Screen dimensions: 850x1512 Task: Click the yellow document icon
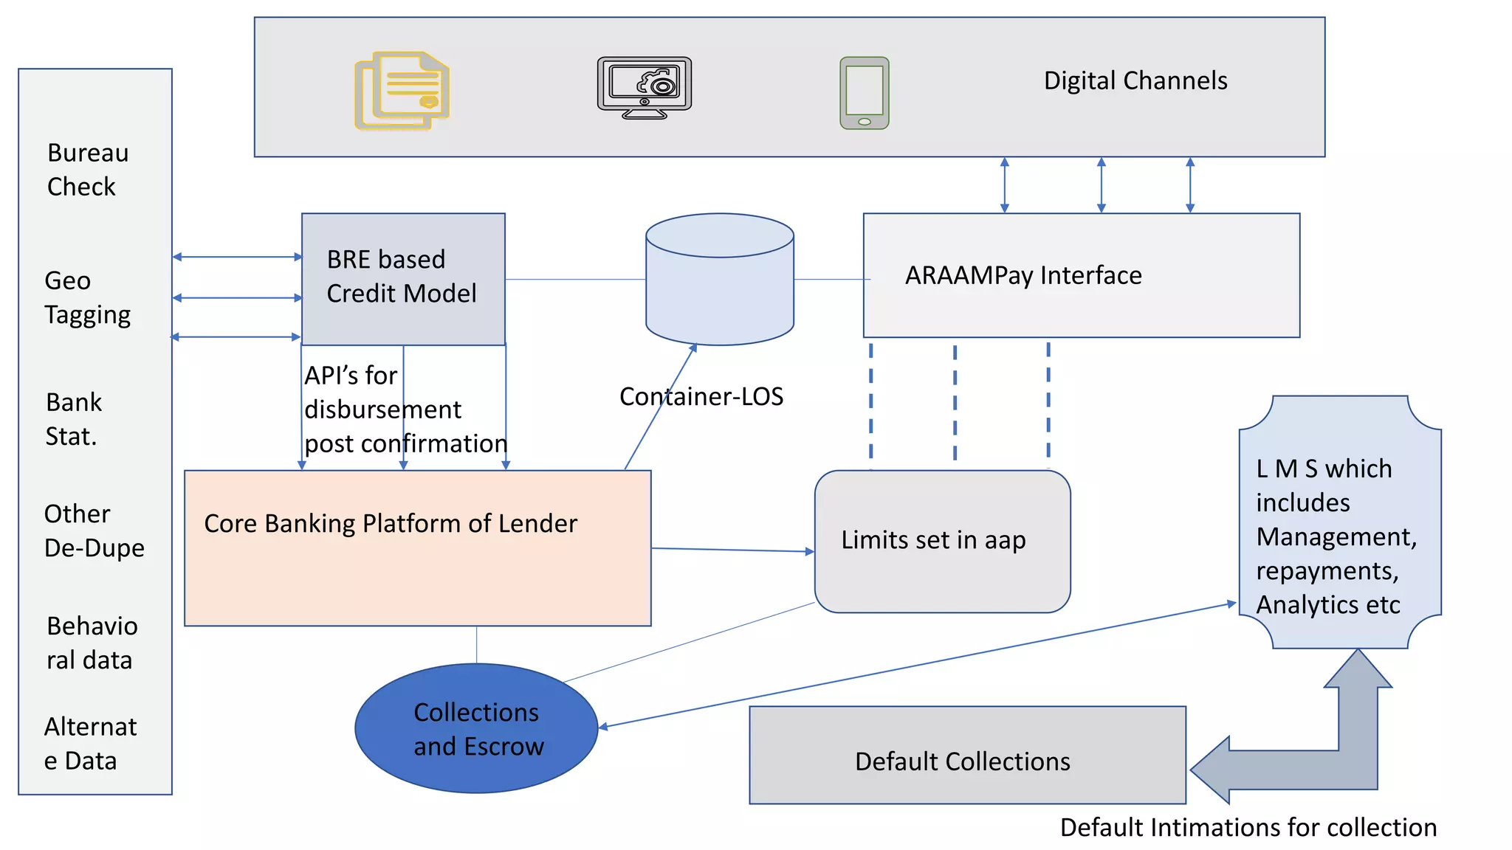click(402, 91)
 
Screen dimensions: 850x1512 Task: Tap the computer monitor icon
click(645, 87)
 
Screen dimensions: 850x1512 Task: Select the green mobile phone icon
click(865, 93)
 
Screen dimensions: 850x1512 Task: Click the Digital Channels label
click(1135, 80)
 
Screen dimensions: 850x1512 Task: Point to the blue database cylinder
click(720, 280)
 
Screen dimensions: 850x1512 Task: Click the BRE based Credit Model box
click(403, 278)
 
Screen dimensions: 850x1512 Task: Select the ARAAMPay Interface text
click(1023, 275)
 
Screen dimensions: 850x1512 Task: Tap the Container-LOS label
click(701, 397)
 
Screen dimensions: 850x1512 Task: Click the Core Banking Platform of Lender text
click(391, 524)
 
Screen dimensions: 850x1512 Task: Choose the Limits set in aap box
click(942, 542)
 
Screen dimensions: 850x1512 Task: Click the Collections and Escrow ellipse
click(477, 729)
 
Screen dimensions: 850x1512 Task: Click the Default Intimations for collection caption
click(1248, 828)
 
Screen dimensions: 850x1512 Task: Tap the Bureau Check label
click(87, 170)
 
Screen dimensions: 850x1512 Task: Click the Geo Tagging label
click(87, 297)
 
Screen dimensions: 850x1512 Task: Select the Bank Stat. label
click(73, 419)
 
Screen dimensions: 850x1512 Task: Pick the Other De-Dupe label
click(94, 531)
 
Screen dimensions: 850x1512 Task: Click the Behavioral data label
click(92, 643)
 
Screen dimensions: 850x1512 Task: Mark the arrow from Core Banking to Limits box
click(732, 550)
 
